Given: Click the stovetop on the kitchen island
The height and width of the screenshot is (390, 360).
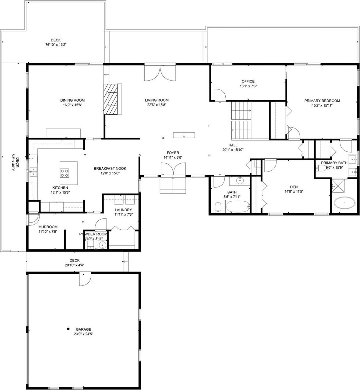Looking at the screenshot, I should (x=65, y=173).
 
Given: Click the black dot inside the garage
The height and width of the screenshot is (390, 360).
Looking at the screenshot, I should (x=68, y=329).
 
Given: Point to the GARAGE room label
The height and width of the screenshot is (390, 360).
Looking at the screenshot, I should (x=83, y=329).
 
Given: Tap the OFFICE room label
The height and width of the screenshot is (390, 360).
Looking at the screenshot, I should (x=248, y=81).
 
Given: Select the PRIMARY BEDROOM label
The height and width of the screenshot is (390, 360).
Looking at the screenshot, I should (x=322, y=101).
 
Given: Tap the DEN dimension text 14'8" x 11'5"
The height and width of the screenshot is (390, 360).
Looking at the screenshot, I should (x=294, y=191).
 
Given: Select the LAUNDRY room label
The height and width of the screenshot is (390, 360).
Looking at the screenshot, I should (x=123, y=210).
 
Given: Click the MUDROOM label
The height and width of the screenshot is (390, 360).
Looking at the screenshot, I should (x=48, y=227).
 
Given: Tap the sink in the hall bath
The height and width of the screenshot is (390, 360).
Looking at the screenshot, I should (x=240, y=181).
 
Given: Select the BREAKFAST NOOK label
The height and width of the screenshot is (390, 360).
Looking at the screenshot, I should (x=110, y=169).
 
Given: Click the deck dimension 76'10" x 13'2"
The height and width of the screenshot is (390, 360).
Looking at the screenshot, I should (x=56, y=45).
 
